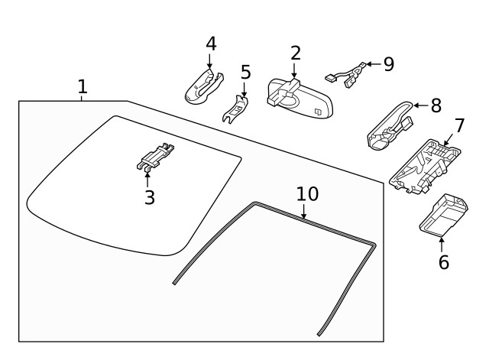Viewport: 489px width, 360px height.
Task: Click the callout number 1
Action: pos(83,86)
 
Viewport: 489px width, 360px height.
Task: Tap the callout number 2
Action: pos(295,53)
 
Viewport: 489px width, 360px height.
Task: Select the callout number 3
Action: pos(150,197)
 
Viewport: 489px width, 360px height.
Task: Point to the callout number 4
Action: pos(211,44)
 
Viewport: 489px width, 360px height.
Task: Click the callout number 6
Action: pos(444,262)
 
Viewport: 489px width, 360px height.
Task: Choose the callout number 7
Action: pos(459,125)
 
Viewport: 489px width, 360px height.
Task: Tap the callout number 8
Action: pos(436,105)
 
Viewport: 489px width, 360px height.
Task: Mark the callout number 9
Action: pos(389,63)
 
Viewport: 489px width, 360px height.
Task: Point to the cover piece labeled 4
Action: pos(203,86)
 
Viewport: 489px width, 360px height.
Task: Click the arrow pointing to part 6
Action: pos(442,243)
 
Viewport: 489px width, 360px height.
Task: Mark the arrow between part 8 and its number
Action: pos(419,106)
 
